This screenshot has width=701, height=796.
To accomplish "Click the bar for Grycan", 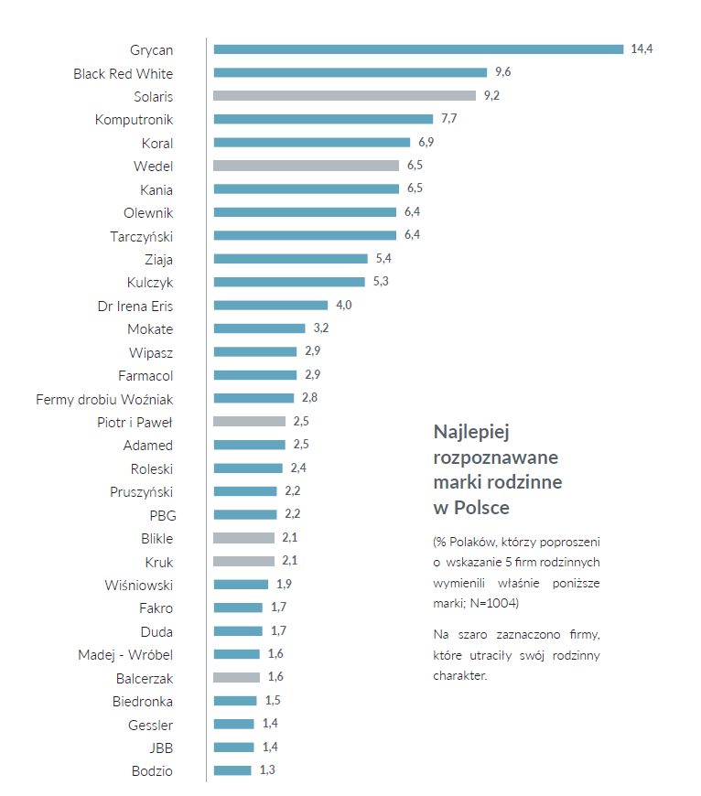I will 418,49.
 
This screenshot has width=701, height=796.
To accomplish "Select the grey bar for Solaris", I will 344,95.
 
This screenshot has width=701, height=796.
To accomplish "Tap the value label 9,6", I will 503,72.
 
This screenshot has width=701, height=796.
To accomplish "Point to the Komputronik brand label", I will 134,119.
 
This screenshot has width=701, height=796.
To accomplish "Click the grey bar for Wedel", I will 306,166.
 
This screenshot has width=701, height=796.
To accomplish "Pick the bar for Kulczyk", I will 289,282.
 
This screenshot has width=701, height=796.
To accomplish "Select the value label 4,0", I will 344,305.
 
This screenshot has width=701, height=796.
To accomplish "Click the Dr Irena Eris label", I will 135,306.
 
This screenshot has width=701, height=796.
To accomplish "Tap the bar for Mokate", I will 259,328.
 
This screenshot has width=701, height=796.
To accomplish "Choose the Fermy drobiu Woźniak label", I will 104,399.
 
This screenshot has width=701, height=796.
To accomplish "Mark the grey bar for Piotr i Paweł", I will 249,422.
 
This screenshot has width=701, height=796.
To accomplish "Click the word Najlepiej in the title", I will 469,431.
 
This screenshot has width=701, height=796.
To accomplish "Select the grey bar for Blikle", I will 243,538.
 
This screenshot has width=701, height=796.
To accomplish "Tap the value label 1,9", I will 284,584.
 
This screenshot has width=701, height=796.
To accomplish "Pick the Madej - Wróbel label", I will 125,654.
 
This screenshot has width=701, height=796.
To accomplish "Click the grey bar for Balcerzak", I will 236,677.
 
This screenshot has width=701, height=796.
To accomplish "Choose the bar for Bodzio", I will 232,770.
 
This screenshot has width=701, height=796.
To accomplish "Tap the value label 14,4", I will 642,49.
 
